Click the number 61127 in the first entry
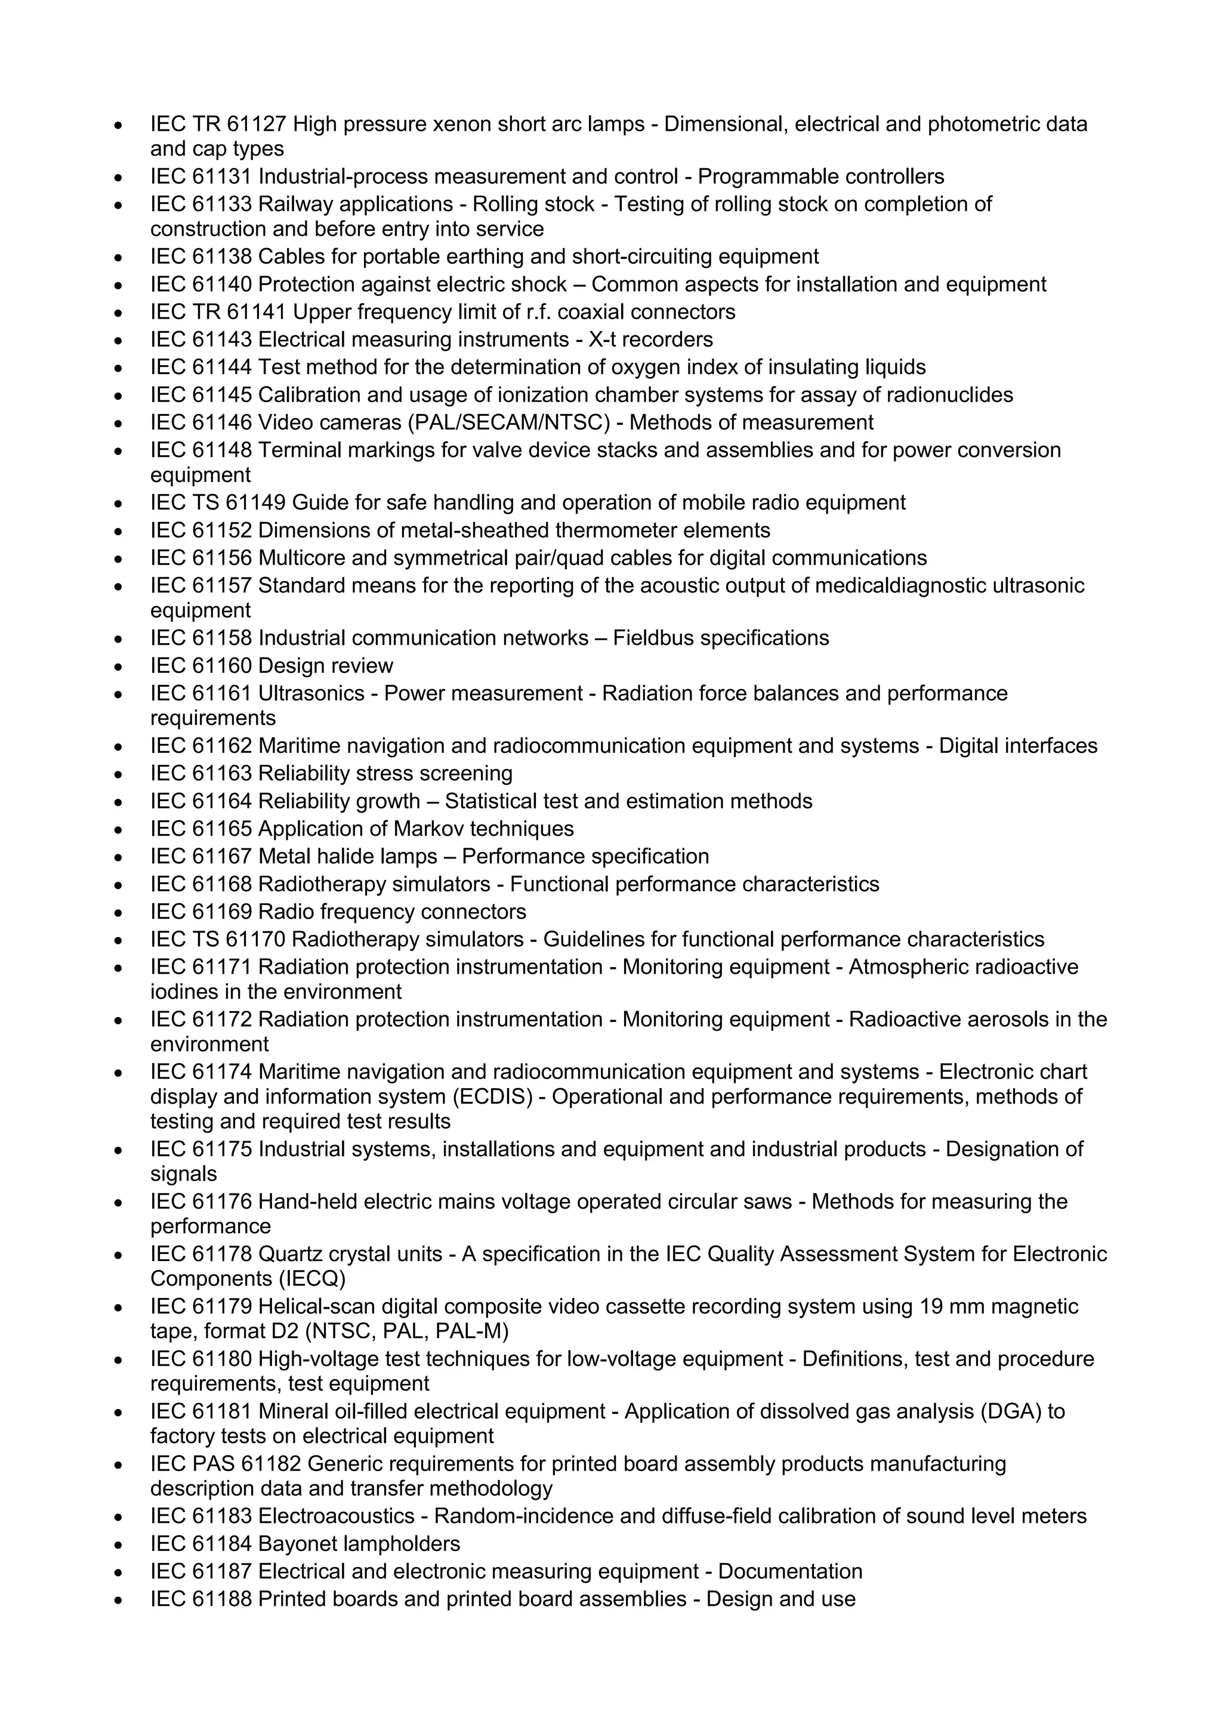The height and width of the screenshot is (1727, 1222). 257,124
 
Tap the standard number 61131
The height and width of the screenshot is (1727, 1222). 222,177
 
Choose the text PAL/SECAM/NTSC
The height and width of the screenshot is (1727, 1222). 508,423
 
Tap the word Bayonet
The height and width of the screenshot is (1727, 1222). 297,1544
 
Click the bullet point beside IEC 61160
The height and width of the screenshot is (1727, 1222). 118,667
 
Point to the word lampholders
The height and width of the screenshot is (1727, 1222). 401,1544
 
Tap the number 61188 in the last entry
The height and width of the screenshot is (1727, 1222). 222,1599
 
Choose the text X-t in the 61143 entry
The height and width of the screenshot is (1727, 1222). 602,340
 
